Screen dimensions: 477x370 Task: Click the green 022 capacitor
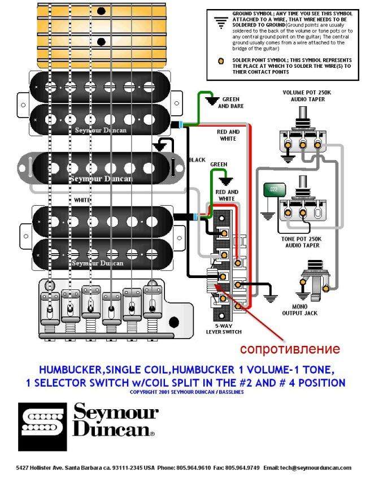coord(275,190)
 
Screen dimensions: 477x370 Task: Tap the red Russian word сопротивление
coord(290,348)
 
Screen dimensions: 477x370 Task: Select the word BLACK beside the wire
coord(197,160)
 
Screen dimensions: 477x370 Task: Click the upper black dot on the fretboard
coord(102,11)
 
